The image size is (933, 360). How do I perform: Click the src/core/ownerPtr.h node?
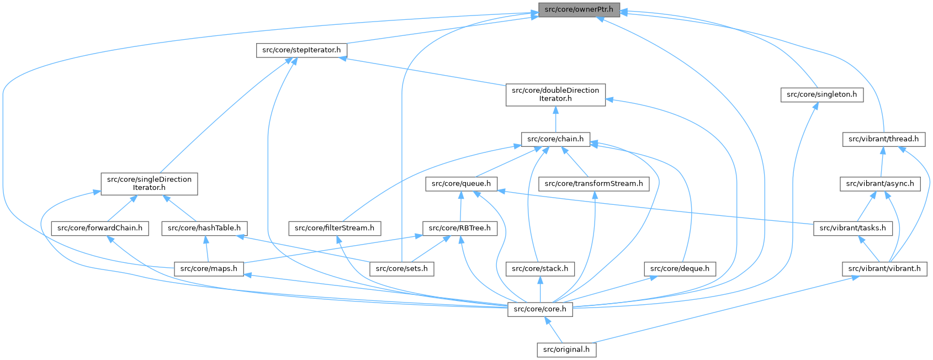(x=579, y=10)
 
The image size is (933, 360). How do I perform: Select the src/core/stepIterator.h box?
(x=301, y=50)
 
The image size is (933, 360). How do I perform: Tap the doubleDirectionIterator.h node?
(x=555, y=94)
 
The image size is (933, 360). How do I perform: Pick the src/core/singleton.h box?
(x=821, y=94)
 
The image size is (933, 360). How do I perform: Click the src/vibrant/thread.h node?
(x=883, y=139)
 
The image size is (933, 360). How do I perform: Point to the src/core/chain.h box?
(x=555, y=139)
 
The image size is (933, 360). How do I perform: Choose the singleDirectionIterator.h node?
(x=149, y=183)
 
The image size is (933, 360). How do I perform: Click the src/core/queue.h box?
(x=462, y=184)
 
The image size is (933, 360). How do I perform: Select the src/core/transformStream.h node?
(x=593, y=184)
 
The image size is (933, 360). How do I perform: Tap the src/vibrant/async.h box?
(x=880, y=184)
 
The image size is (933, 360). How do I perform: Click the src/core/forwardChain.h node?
(x=100, y=228)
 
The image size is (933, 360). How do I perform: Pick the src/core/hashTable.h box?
(x=204, y=228)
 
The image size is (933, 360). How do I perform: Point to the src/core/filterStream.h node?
(x=335, y=228)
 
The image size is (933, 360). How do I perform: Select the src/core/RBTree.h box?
(x=460, y=228)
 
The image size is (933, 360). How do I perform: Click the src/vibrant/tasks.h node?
(x=852, y=228)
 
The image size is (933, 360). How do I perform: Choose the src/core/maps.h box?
(x=209, y=269)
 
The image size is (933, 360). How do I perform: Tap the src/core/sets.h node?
(x=401, y=269)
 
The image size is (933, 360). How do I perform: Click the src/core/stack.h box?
(x=540, y=269)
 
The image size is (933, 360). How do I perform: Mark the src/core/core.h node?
(x=540, y=309)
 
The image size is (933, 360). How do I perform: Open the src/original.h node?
(x=566, y=350)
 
